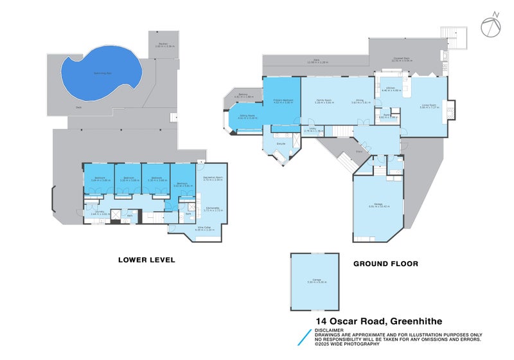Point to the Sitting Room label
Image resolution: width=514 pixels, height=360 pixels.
pos(247,117)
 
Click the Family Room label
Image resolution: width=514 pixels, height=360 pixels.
pos(323,100)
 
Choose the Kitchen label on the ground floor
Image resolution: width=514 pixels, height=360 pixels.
pos(391,89)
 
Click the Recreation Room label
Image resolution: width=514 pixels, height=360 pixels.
pos(212,179)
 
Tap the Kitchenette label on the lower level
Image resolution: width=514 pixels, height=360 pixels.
pos(212,208)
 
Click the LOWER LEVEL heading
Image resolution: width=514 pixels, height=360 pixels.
pos(146,260)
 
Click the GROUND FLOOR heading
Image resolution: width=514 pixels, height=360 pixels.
pos(385,264)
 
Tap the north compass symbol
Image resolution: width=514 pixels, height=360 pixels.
pos(490,25)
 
